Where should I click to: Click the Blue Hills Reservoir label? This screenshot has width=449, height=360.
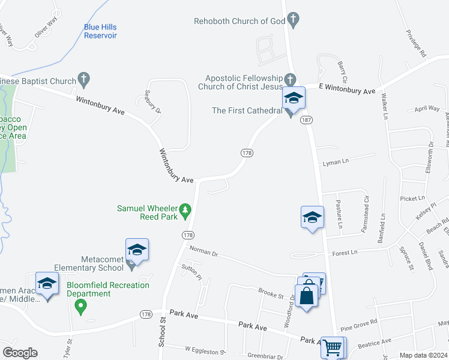(x=100, y=31)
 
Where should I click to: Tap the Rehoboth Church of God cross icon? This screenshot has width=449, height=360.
(x=293, y=22)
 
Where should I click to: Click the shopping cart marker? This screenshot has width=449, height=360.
(x=332, y=346)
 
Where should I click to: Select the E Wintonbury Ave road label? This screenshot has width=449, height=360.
(x=347, y=88)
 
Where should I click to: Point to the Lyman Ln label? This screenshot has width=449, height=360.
(x=336, y=163)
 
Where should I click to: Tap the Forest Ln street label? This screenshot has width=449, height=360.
(x=345, y=253)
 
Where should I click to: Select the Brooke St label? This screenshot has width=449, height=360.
(x=271, y=295)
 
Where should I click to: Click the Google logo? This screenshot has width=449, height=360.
(x=20, y=353)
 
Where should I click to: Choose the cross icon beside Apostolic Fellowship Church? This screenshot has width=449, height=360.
(x=290, y=79)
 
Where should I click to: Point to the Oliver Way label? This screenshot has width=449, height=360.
(x=45, y=31)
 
